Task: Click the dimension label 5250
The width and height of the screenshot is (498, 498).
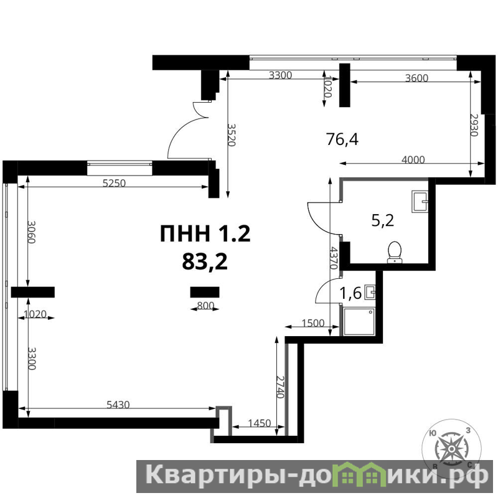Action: coord(114,183)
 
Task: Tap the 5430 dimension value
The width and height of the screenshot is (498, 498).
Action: coord(118,405)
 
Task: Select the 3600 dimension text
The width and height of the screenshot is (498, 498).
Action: coord(416,78)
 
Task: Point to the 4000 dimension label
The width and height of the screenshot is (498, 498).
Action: coord(413,159)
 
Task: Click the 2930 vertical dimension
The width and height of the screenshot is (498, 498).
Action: coord(474,125)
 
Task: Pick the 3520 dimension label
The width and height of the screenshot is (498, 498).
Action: coord(232,134)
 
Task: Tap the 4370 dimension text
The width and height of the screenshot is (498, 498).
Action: coord(333,258)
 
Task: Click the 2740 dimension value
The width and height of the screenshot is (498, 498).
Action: coord(280,387)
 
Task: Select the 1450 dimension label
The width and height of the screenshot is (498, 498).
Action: coord(259,423)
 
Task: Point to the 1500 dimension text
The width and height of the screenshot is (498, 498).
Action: coord(313,323)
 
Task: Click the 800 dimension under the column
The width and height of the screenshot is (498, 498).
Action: coord(205,306)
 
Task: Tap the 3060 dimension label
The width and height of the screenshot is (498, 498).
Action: coord(31,232)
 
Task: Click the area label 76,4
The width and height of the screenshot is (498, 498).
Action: coord(342,139)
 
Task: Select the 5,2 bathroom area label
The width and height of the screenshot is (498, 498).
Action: coord(383,220)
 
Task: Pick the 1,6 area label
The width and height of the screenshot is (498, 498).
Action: coord(350,293)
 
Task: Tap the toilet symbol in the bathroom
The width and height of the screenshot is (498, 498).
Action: coord(395,252)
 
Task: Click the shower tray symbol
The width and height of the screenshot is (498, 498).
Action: coord(359,321)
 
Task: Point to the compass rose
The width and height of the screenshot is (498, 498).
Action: coord(451,448)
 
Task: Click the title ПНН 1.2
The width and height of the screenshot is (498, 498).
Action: coord(205,233)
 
